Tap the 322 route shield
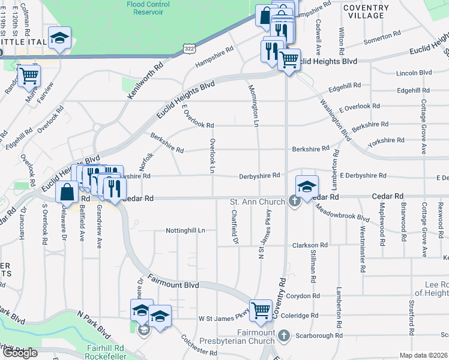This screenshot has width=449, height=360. pos(190,47)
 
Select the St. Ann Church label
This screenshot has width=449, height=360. pos(258,202)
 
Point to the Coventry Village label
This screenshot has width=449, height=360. pos(366,11)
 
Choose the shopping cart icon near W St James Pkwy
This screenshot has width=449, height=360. pos(261,310)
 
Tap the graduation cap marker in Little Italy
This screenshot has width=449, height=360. pos(59,38)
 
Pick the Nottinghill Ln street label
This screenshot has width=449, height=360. pos(185,230)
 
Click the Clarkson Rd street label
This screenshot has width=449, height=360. pos(310,245)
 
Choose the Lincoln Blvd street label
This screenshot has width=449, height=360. pos(414,73)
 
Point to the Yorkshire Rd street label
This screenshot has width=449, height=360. pos(386,140)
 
